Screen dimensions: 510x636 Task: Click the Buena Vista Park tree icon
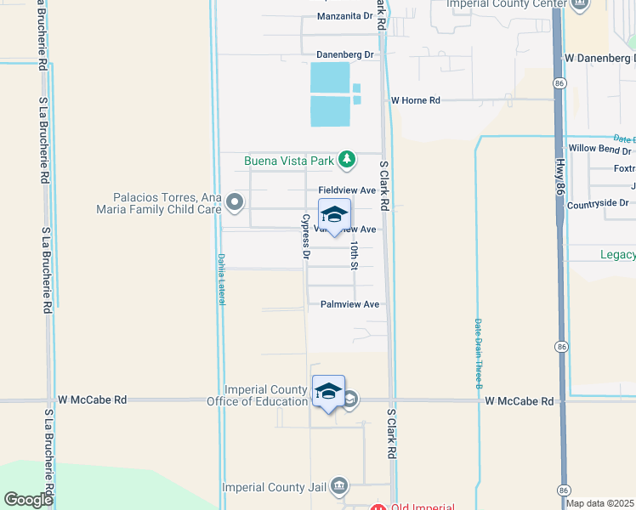coord(346,159)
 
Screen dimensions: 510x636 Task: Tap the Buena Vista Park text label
coord(288,160)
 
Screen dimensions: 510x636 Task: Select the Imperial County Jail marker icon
coord(339,486)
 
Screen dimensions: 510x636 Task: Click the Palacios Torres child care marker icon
coord(235,202)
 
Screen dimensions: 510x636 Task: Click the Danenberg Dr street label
coord(345,54)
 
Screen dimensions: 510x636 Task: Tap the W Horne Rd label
coord(415,100)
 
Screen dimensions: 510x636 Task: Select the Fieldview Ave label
coord(347,190)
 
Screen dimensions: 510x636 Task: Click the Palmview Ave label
coord(349,304)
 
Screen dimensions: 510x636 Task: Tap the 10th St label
coord(354,255)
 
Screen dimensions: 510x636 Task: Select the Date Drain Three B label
coord(479,352)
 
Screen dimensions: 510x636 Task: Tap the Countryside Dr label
coord(598,203)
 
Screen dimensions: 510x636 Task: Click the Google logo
coord(28,499)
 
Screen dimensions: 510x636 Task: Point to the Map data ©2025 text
coord(599,503)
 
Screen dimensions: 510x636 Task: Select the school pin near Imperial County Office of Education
coord(328,392)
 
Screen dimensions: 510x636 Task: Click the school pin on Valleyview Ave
coord(334,215)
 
